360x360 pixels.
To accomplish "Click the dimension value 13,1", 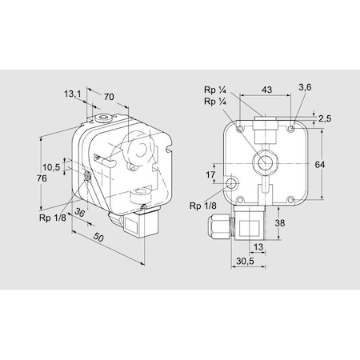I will (x=73, y=94).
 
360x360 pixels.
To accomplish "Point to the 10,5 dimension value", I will (x=52, y=167).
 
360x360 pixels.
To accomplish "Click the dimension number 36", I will (x=78, y=213).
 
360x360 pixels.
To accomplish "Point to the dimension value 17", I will (x=210, y=175).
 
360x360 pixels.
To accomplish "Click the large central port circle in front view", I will (x=262, y=162).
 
